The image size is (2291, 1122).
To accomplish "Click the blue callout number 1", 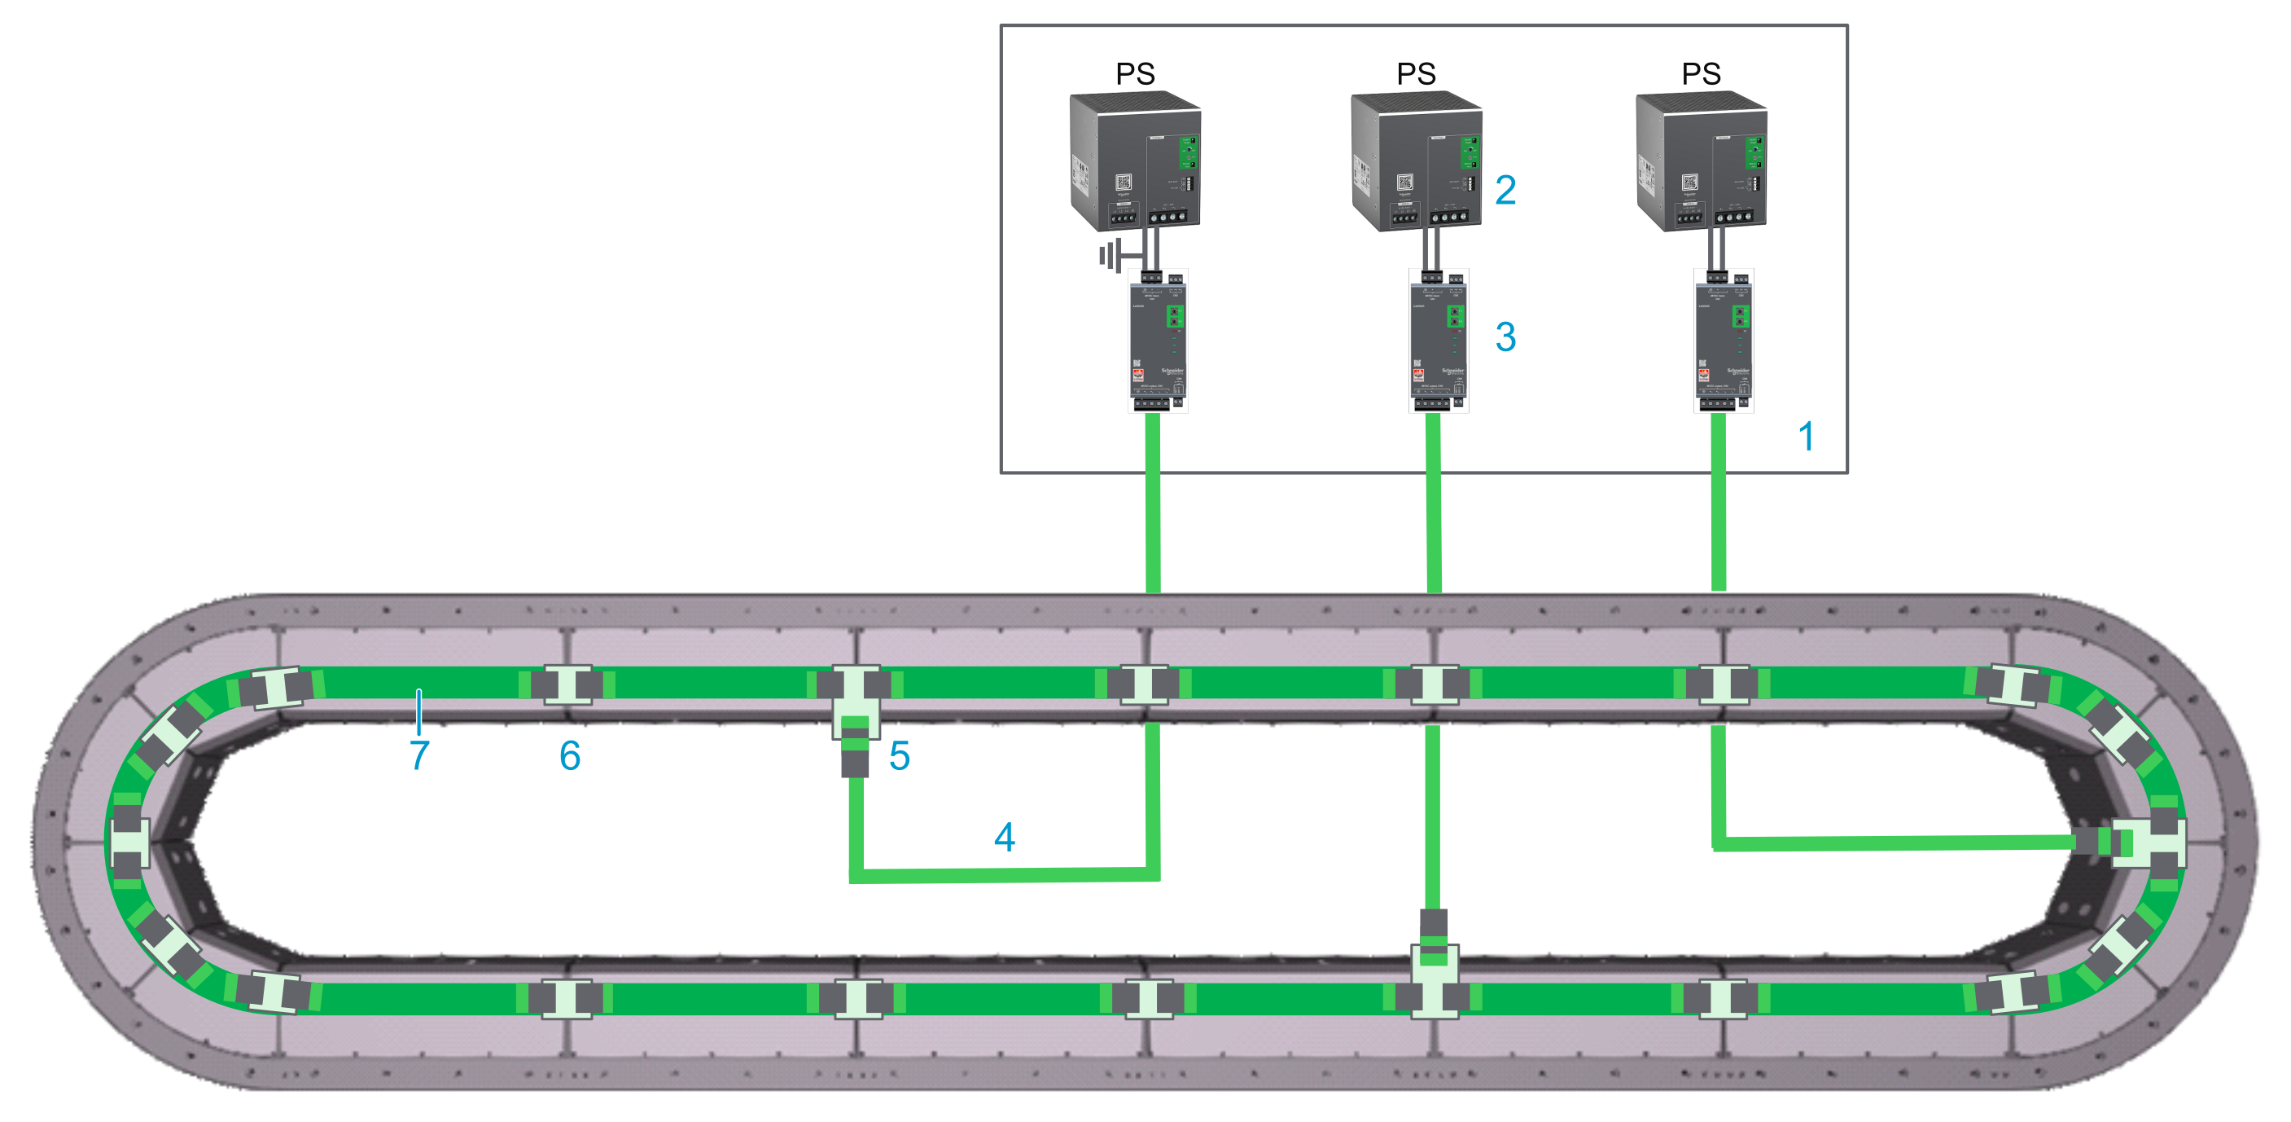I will click(1806, 436).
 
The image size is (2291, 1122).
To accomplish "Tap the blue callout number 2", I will click(1505, 190).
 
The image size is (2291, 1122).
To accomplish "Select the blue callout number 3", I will click(1505, 337).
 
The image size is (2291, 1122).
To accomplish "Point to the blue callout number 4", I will click(1004, 836).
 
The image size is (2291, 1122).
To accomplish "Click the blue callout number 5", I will click(899, 755).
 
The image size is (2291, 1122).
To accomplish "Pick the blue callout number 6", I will click(570, 755).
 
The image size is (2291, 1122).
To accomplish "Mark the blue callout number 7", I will click(419, 755).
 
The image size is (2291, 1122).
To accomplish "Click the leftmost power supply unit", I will click(1136, 161).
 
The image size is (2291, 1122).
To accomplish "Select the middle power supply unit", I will click(1417, 161).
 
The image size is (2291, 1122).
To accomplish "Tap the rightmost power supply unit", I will click(1702, 161).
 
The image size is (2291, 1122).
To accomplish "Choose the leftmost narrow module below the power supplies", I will click(1158, 341).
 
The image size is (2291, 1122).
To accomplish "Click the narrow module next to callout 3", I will click(1438, 341).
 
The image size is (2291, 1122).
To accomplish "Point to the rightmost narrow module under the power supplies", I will click(1724, 341).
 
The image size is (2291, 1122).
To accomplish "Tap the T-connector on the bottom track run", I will click(1434, 979).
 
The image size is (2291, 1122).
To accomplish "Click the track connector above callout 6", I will click(568, 684).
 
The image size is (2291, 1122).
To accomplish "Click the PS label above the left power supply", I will click(1136, 73).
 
